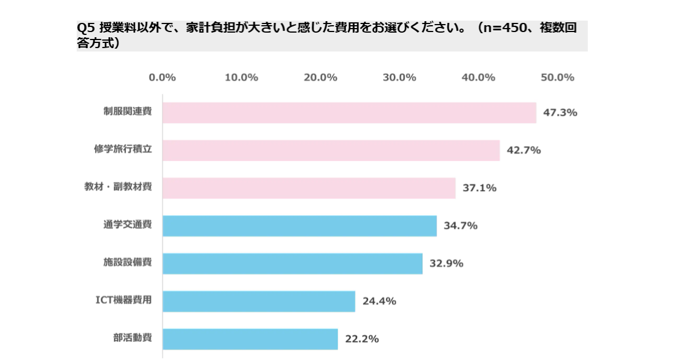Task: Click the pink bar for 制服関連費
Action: coord(349,113)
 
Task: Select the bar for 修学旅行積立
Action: coord(331,151)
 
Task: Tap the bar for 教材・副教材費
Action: coord(309,188)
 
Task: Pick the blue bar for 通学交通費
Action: coord(299,226)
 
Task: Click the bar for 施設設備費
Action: coord(293,263)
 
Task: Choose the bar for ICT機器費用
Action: coord(259,301)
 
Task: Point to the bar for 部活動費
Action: coord(250,339)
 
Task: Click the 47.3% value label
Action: coord(560,113)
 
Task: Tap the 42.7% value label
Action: coord(524,151)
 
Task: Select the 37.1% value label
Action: coord(479,188)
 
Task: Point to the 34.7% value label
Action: coord(460,226)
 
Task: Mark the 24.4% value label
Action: coord(379,301)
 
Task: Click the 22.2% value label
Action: coord(362,339)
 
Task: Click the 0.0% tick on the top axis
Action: coord(162,78)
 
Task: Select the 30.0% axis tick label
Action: coord(399,78)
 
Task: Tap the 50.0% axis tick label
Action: coord(557,78)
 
